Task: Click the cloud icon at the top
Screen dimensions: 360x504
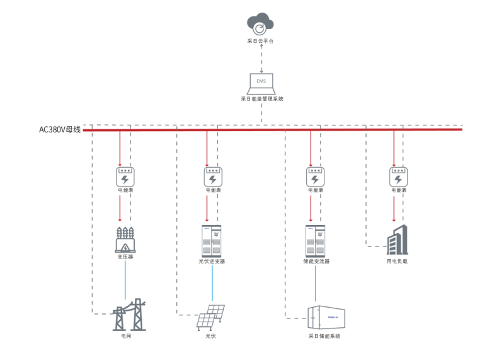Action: (260, 26)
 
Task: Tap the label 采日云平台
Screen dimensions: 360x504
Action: (260, 41)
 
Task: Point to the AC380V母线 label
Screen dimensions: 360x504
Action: (60, 130)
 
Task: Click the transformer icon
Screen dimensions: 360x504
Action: (125, 240)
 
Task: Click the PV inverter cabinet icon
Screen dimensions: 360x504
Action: (212, 240)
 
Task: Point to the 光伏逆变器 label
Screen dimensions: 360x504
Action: (212, 261)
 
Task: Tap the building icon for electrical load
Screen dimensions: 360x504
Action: (397, 240)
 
